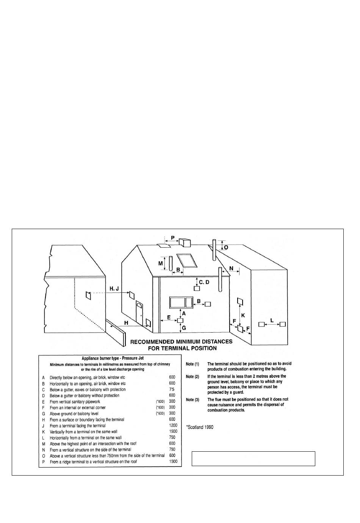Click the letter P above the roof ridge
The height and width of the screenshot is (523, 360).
(173, 237)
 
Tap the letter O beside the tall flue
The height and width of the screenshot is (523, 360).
(226, 247)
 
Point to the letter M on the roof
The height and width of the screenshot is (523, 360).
(161, 263)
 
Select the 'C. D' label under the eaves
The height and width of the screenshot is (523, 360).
(204, 282)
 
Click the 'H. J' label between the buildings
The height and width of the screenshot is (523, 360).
(114, 289)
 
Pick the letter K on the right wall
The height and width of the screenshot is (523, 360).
(243, 315)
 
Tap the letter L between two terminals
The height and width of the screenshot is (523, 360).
(272, 320)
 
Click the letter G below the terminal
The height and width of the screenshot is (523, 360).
(184, 328)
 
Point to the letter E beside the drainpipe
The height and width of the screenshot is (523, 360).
(169, 317)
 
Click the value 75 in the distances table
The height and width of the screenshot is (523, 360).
(172, 390)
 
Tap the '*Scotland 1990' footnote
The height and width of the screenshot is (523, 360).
(200, 427)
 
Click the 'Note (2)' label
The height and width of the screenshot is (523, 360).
(193, 377)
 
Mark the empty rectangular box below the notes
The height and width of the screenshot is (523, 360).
(254, 459)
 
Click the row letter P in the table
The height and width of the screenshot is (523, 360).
(44, 462)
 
